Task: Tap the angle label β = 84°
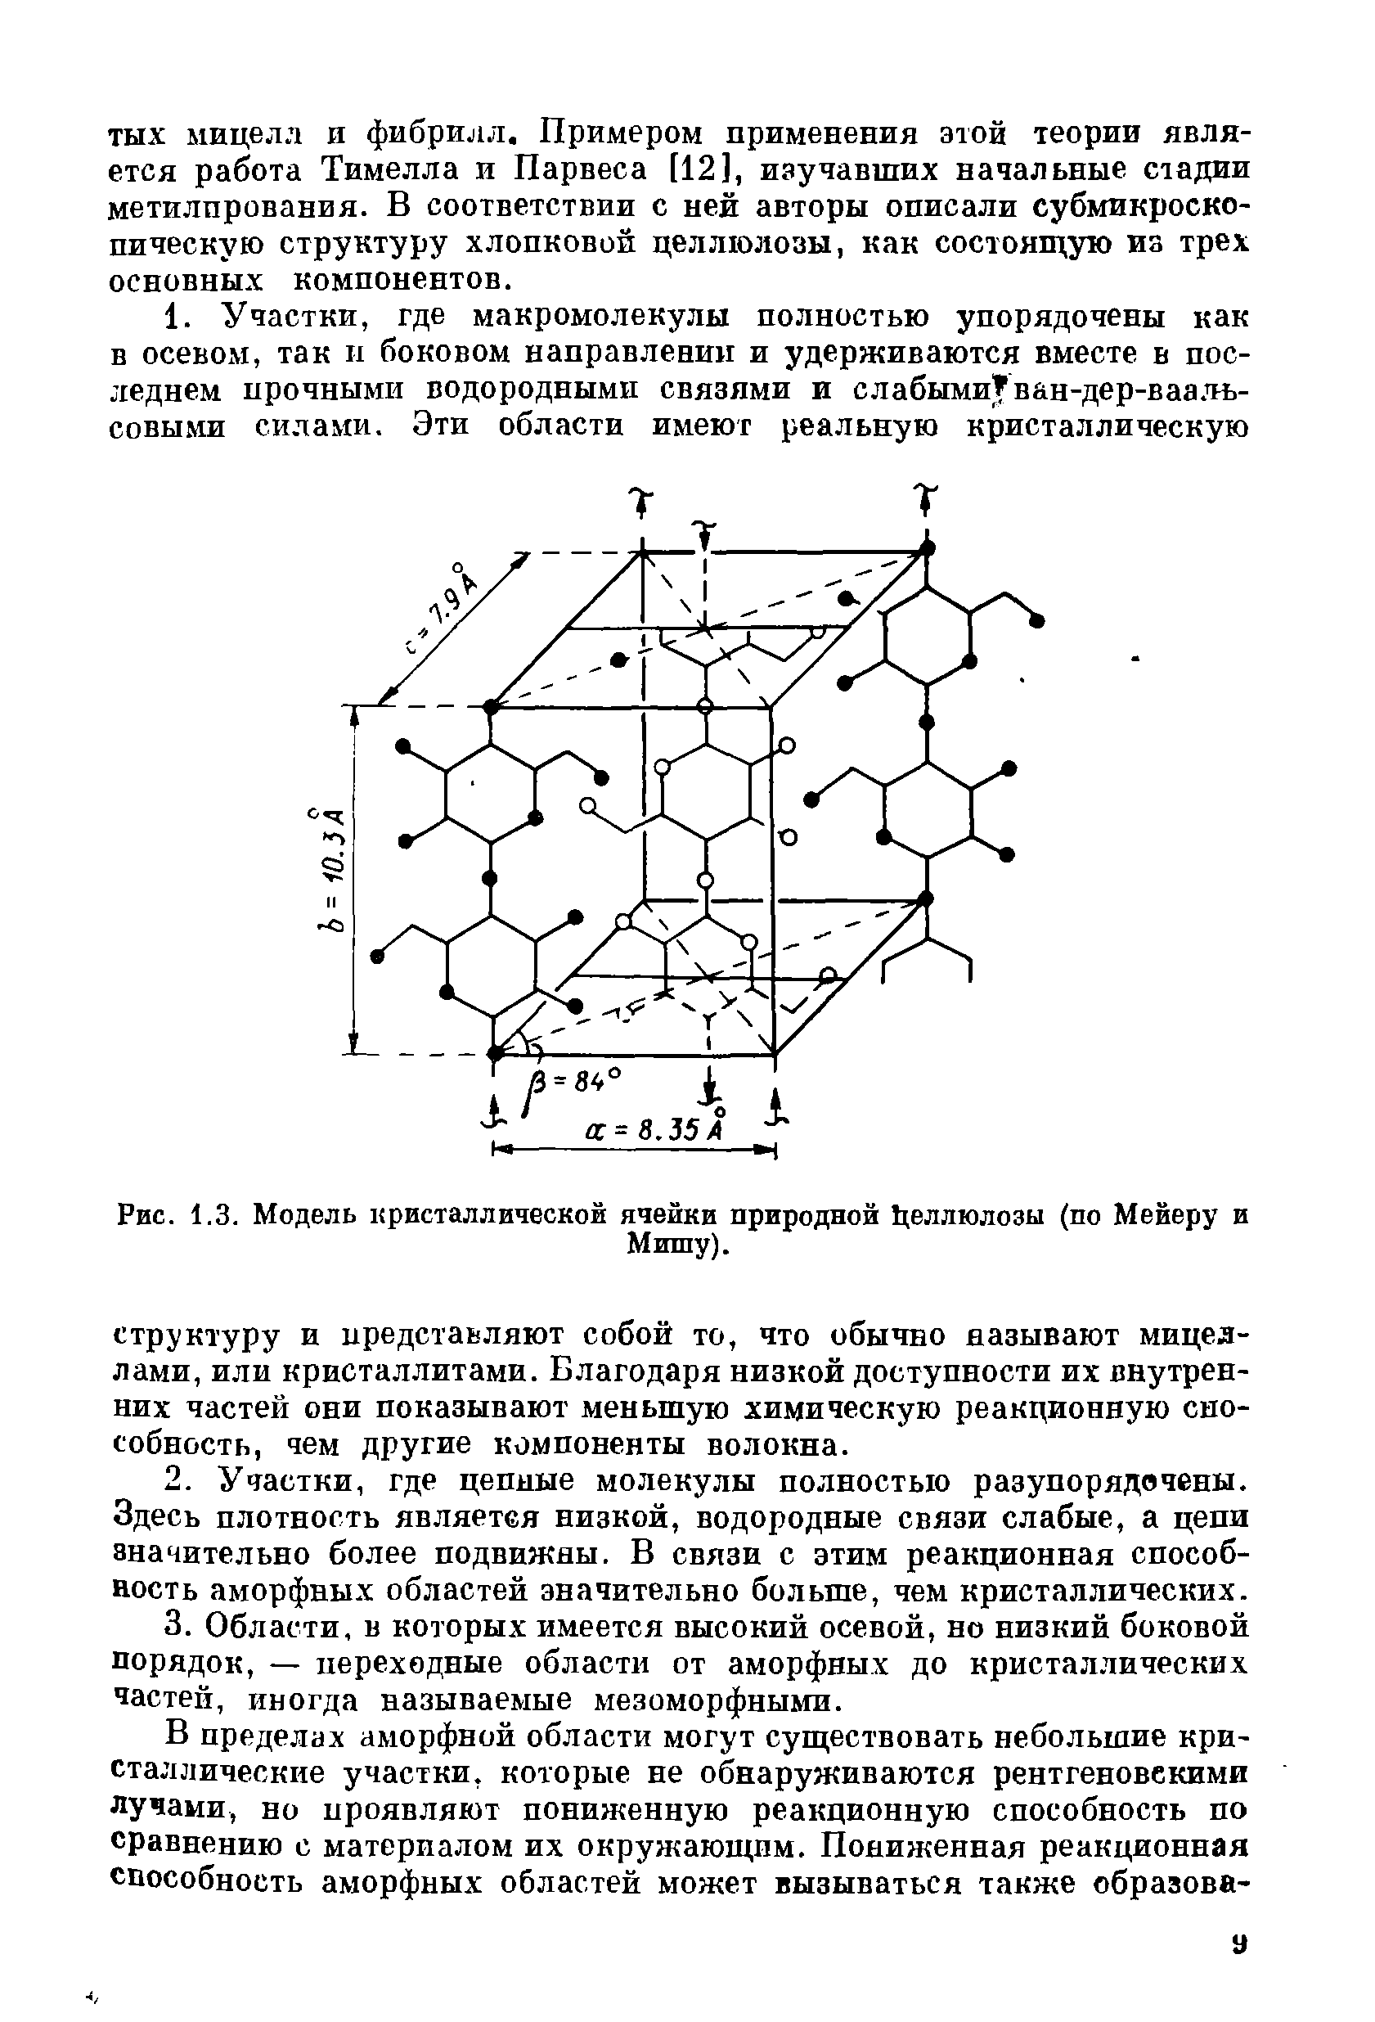[576, 1084]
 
